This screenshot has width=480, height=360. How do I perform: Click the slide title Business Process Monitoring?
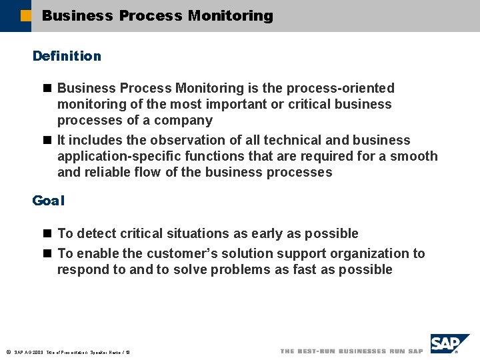(x=157, y=15)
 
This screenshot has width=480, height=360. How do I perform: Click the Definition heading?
(x=67, y=56)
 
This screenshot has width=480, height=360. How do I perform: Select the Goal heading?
(x=48, y=200)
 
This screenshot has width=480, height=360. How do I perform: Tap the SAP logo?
(x=448, y=345)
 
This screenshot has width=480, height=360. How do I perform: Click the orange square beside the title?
(x=26, y=15)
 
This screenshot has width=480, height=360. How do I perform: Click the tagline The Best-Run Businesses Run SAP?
(x=351, y=351)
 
